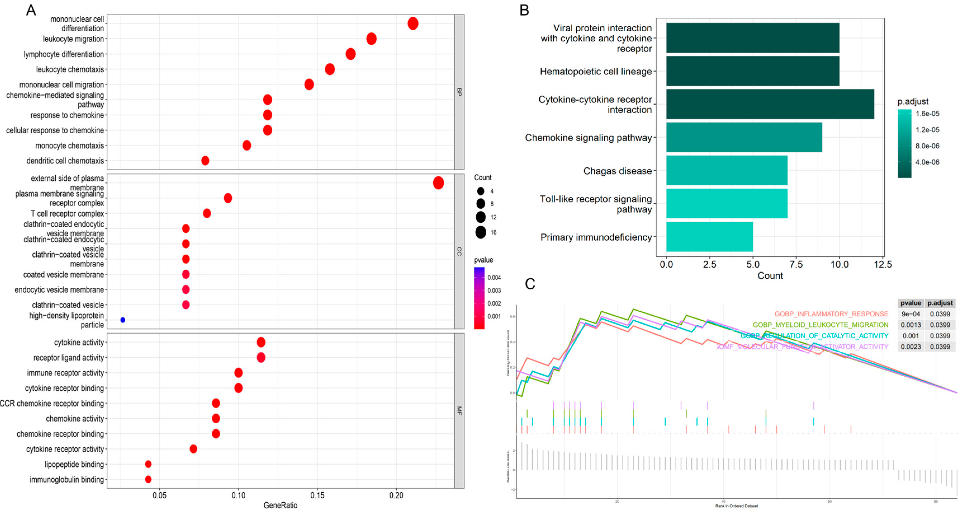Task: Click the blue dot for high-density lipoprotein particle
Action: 123,320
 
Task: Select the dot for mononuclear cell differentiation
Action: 413,23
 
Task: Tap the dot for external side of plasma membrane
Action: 438,183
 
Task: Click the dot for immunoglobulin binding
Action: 148,479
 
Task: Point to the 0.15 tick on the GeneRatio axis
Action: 317,495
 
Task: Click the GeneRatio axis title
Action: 280,505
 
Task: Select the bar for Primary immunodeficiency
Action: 710,237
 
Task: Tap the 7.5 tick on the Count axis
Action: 796,264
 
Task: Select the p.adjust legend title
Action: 913,101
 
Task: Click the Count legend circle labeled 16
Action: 480,232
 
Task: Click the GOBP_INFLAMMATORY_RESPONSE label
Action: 831,314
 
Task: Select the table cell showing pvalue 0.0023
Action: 910,347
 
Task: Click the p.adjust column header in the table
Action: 940,303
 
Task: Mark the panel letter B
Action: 524,10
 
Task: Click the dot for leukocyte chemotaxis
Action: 329,69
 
